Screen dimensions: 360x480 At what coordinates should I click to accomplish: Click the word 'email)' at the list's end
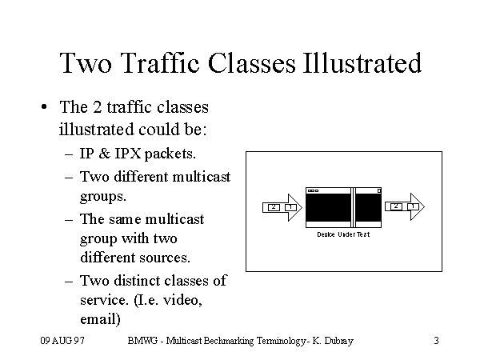click(100, 319)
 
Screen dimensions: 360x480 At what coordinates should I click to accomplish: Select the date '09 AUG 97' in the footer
click(63, 341)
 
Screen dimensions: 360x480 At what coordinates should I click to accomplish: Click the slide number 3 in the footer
click(436, 341)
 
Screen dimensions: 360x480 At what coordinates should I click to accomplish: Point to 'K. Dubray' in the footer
click(334, 341)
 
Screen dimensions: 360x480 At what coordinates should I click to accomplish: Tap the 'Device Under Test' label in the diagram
click(343, 234)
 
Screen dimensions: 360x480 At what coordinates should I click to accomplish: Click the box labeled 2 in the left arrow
click(274, 207)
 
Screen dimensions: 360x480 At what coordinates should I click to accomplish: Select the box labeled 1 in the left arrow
click(290, 207)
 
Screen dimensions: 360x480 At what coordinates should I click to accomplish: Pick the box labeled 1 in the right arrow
click(413, 206)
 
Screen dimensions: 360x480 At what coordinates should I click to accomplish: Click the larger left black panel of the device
click(329, 210)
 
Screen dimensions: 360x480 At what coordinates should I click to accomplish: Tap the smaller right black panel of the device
click(369, 210)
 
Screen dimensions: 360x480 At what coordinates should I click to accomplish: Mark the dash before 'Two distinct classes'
click(70, 281)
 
